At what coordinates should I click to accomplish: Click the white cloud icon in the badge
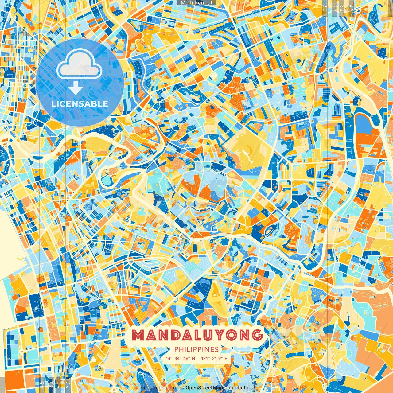[x=79, y=64]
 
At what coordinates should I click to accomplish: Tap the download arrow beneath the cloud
[x=76, y=88]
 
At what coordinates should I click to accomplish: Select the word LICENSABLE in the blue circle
[x=80, y=104]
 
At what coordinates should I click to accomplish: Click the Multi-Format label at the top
[x=196, y=3]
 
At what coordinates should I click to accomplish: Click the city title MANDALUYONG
[x=197, y=335]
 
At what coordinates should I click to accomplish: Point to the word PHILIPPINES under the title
[x=196, y=349]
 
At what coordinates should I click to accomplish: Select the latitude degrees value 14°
[x=169, y=358]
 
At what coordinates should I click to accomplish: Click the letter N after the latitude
[x=195, y=358]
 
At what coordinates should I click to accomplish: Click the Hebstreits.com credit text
[x=158, y=388]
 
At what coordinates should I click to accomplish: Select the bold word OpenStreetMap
[x=204, y=388]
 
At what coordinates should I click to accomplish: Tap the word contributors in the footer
[x=239, y=388]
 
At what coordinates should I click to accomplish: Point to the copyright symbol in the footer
[x=182, y=388]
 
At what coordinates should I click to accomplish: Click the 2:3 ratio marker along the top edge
[x=325, y=8]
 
